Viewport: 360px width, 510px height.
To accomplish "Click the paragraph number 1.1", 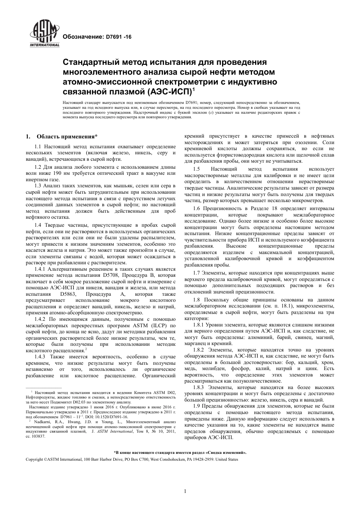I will coord(38,146).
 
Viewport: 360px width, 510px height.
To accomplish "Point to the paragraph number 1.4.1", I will coord(40,269).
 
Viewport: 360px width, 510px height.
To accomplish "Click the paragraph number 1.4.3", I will coord(40,357).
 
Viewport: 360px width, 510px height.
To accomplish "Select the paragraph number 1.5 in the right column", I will coord(196,169).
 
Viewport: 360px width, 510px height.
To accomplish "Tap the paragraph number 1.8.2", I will coord(199,350).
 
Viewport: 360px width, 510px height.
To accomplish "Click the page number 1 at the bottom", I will coord(185,492).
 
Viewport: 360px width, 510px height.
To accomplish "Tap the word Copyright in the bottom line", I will coord(34,459).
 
